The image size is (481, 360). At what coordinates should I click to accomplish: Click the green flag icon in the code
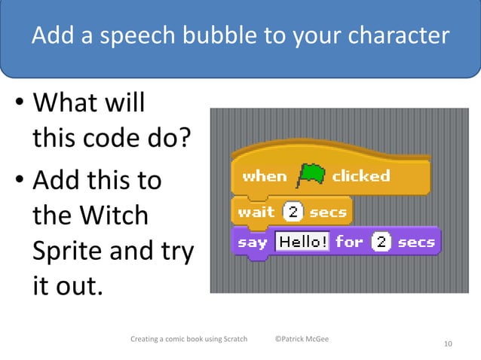point(310,175)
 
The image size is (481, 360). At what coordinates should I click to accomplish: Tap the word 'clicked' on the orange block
point(360,176)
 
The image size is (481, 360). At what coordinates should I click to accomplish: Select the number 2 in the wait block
point(292,212)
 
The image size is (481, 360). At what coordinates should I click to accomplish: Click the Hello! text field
point(302,242)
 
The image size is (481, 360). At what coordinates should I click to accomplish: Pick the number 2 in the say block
point(381,242)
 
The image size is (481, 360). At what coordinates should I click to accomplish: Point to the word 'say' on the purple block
point(253,243)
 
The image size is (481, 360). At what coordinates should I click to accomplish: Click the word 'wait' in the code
point(256,212)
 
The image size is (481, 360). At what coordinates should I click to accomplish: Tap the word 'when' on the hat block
point(265,176)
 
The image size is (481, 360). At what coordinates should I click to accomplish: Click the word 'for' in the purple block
point(349,242)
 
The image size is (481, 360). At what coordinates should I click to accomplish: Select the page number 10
point(448,344)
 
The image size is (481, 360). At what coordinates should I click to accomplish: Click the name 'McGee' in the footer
point(320,338)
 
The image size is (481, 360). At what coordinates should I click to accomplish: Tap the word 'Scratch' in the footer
point(231,338)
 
